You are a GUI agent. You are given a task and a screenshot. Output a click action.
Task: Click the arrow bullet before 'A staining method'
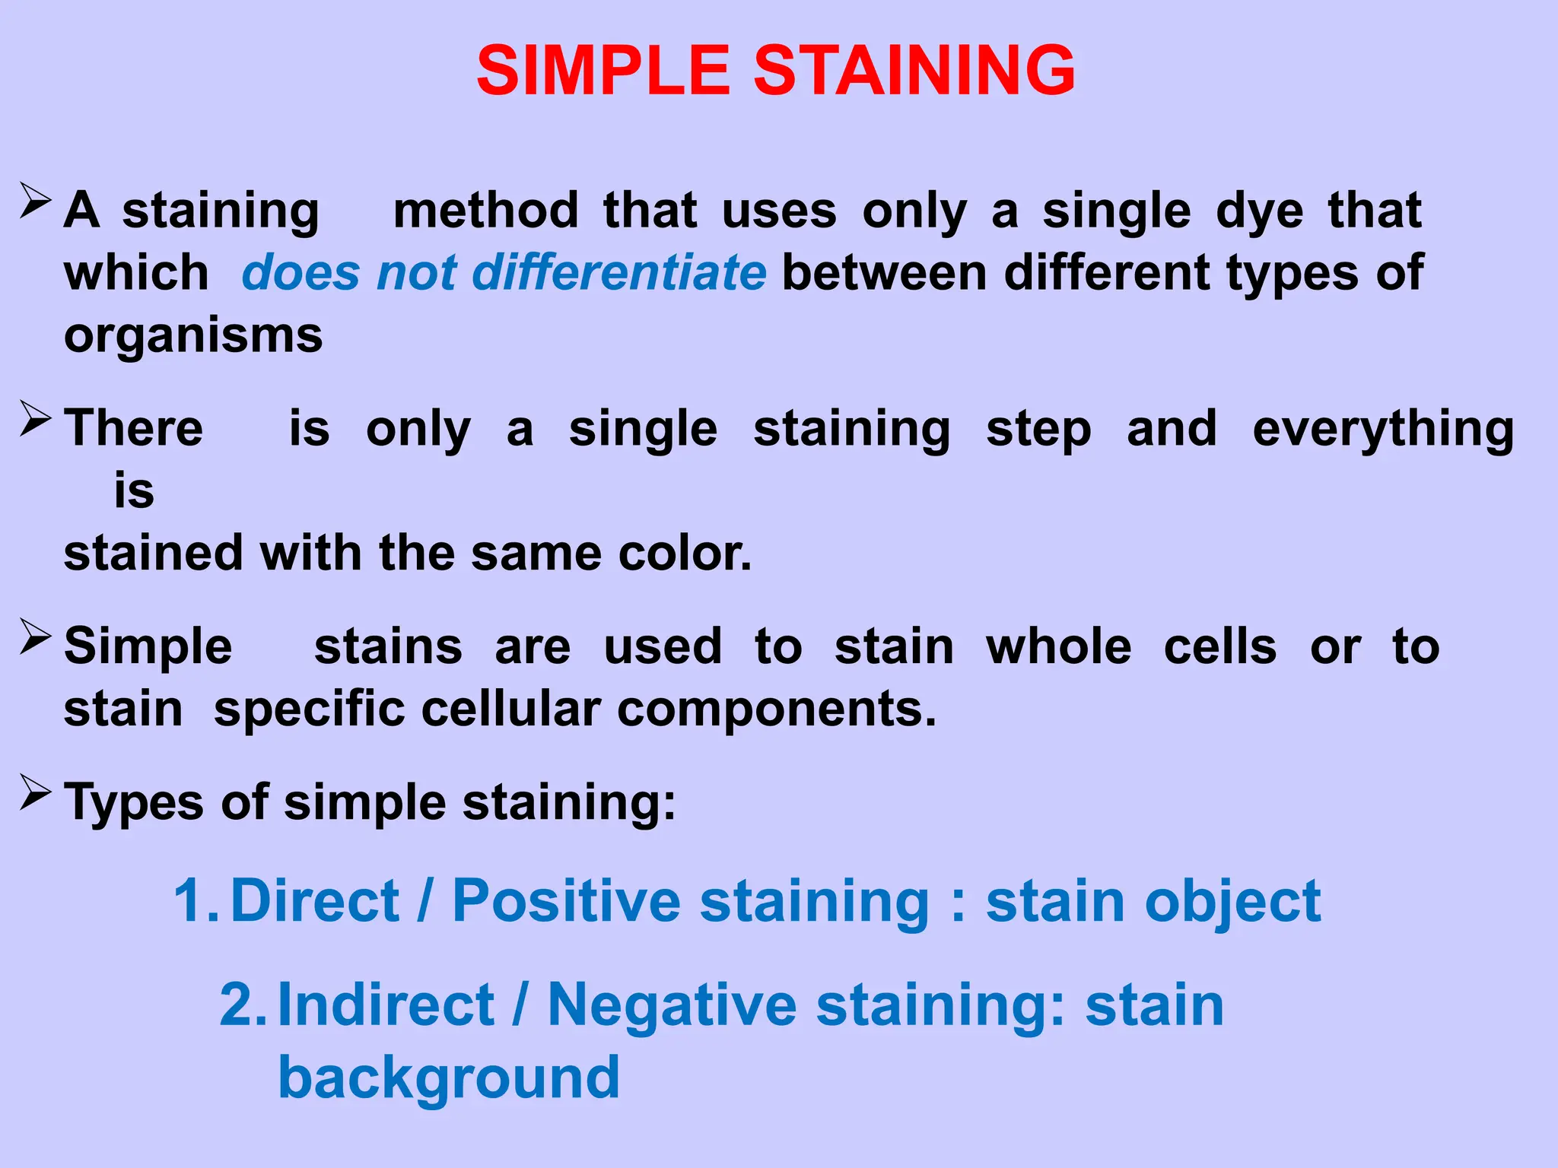click(35, 202)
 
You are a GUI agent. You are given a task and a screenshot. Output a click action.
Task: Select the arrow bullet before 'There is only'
click(35, 419)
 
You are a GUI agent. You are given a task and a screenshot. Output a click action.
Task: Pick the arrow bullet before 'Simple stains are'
click(35, 637)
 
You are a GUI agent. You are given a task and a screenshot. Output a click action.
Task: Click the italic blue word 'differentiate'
click(618, 272)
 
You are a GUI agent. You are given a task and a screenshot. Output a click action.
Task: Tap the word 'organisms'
click(193, 335)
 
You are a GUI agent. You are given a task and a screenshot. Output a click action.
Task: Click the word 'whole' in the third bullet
click(1058, 647)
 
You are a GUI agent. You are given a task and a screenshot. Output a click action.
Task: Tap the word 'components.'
click(776, 710)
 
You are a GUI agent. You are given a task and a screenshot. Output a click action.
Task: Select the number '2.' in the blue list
click(243, 1005)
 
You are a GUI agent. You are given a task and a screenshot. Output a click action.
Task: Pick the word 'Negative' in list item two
click(672, 1006)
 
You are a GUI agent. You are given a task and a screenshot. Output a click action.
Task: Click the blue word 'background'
click(449, 1078)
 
